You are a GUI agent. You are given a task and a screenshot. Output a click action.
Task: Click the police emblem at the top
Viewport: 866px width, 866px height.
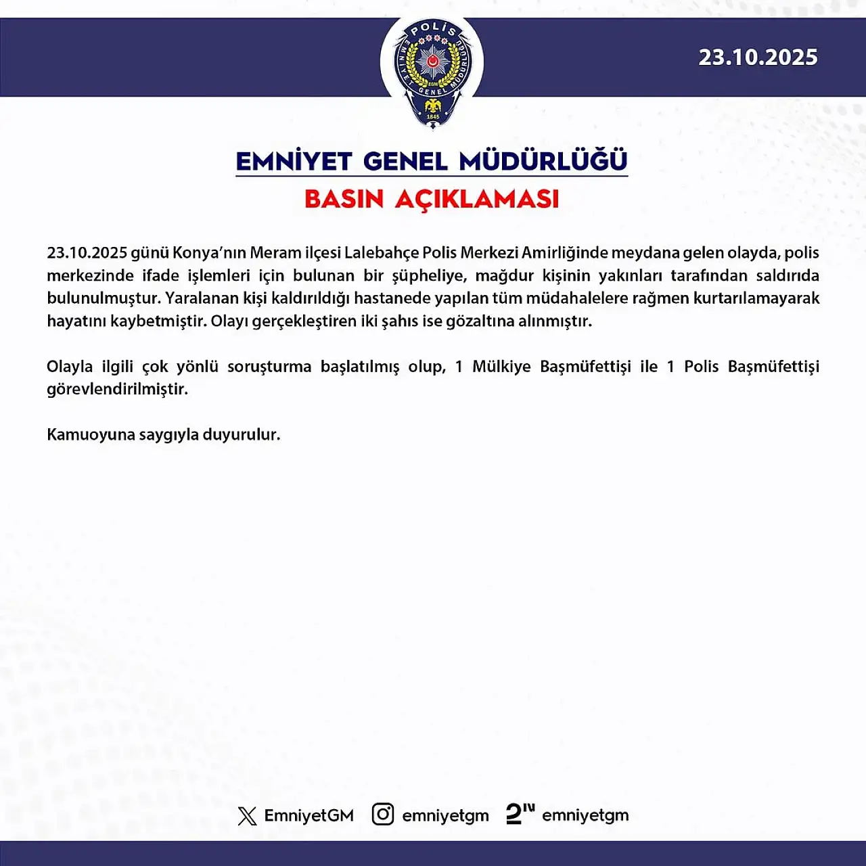[x=432, y=72]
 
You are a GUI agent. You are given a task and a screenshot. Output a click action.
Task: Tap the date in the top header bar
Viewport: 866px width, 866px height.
[x=758, y=58]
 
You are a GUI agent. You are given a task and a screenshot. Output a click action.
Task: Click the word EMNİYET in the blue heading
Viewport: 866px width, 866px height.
[x=294, y=162]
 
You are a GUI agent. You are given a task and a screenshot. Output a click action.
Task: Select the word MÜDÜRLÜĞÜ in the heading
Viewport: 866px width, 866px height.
[x=543, y=162]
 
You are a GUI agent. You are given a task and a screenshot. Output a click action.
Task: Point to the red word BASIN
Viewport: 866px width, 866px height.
[x=344, y=200]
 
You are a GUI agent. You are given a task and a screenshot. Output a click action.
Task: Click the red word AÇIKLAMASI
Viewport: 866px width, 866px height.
[x=477, y=200]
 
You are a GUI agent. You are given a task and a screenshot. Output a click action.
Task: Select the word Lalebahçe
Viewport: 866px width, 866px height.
[x=381, y=253]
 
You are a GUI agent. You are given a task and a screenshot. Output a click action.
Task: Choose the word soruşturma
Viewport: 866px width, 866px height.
[x=269, y=367]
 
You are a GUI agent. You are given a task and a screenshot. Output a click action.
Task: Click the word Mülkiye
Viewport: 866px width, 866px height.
[x=501, y=367]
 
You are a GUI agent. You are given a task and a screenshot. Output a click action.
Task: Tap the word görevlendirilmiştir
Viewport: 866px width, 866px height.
[x=117, y=390]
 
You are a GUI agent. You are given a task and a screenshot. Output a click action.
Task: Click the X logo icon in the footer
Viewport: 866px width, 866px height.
[x=247, y=816]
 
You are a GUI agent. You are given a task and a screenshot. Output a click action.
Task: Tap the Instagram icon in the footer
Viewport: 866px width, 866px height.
[x=383, y=815]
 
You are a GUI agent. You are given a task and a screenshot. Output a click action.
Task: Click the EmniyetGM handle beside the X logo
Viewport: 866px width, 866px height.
[x=309, y=816]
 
